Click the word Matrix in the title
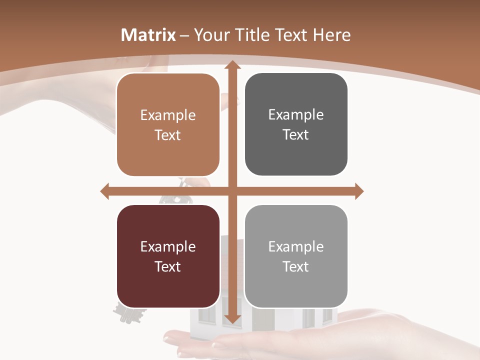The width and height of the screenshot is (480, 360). [x=148, y=35]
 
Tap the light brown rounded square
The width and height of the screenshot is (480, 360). [x=168, y=124]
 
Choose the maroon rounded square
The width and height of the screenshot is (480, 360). [x=168, y=256]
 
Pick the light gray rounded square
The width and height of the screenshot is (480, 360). [x=296, y=256]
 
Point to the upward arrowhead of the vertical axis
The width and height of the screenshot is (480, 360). [x=231, y=65]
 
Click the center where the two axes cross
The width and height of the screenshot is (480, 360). [x=231, y=191]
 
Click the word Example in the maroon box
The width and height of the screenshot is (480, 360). [x=168, y=246]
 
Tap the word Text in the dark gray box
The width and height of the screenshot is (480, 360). [x=296, y=134]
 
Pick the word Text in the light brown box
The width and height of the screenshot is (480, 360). [x=168, y=135]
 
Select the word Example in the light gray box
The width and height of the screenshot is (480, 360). [x=296, y=246]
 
